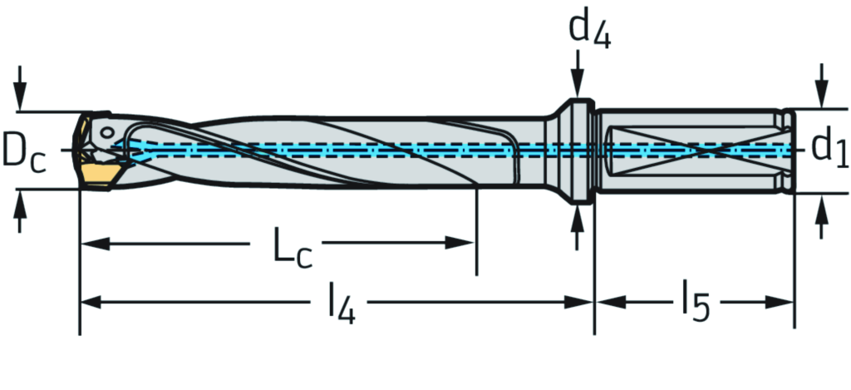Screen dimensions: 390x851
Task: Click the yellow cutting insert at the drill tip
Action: pyautogui.click(x=97, y=172)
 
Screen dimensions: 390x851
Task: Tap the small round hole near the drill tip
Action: pyautogui.click(x=107, y=132)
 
